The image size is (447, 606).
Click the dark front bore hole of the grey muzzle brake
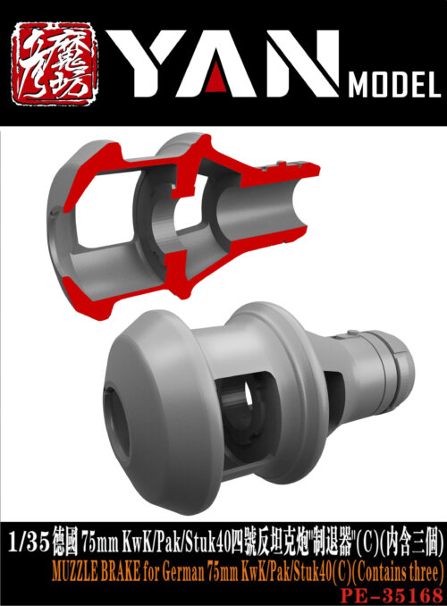click(114, 396)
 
